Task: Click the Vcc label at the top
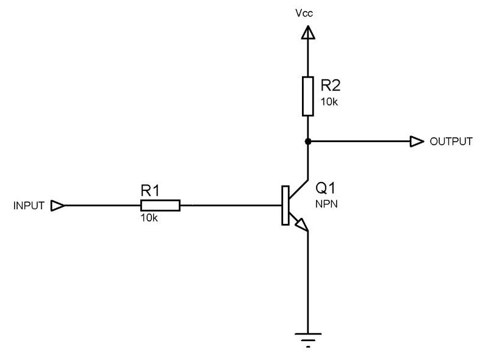(x=308, y=12)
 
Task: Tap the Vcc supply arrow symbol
(x=308, y=32)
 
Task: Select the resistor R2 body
(x=308, y=96)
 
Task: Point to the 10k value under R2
(x=328, y=101)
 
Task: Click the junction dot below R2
(x=308, y=142)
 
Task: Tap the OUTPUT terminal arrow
(x=417, y=142)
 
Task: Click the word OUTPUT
(x=451, y=142)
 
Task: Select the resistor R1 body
(x=160, y=206)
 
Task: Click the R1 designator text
(x=150, y=190)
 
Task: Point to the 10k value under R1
(x=149, y=218)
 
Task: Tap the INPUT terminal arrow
(x=57, y=206)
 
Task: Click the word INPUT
(x=29, y=206)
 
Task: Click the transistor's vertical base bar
(x=285, y=206)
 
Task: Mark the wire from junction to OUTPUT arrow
(x=360, y=142)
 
